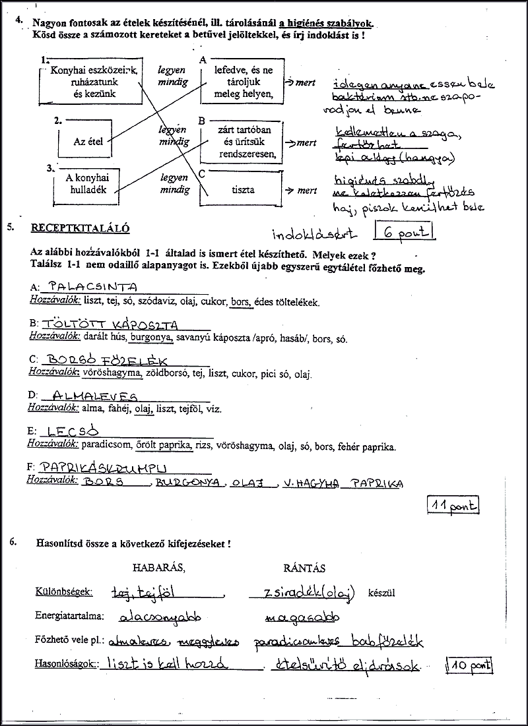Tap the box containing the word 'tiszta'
tap(243, 191)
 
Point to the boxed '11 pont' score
tap(453, 506)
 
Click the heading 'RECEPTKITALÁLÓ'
tap(80, 228)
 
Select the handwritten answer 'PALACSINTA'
tap(93, 287)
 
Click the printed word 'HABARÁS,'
tap(159, 568)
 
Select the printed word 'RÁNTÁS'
tap(304, 568)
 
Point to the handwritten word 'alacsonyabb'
tap(160, 618)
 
